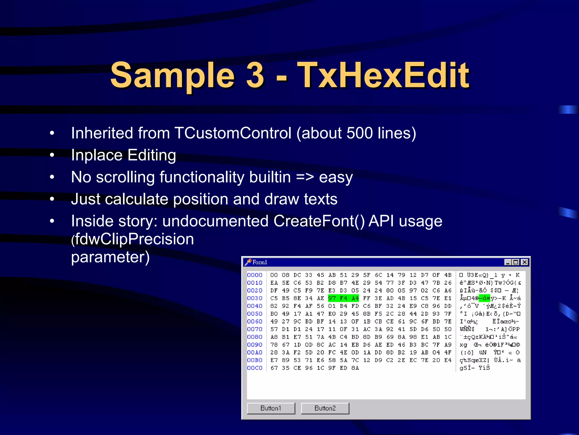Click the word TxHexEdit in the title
click(x=383, y=75)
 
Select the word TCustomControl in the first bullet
click(x=233, y=133)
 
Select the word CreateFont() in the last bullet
click(x=319, y=221)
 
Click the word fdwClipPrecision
click(x=134, y=239)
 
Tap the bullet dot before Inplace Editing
click(x=52, y=155)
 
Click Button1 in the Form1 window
click(x=271, y=408)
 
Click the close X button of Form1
click(x=524, y=262)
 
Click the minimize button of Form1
click(x=508, y=262)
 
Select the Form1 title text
click(x=260, y=262)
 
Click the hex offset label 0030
click(x=254, y=298)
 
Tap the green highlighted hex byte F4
click(x=343, y=298)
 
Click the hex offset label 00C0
click(x=254, y=368)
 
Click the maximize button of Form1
click(x=516, y=262)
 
